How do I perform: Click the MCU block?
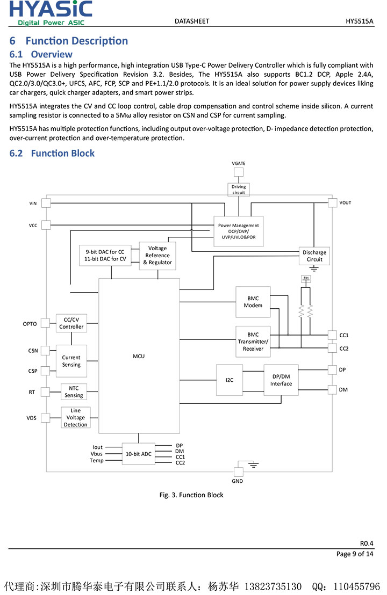click(139, 355)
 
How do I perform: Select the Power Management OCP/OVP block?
click(238, 231)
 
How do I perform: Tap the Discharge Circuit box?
click(314, 256)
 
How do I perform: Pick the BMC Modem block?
click(253, 302)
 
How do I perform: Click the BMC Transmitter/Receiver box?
click(253, 342)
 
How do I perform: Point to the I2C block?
click(230, 380)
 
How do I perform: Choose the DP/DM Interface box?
click(281, 380)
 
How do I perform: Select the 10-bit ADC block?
click(138, 454)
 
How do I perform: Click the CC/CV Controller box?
click(71, 323)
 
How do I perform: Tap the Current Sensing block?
click(71, 361)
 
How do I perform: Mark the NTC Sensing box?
click(74, 392)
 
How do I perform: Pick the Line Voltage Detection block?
click(75, 417)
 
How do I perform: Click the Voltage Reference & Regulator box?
click(157, 256)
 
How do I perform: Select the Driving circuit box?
click(239, 190)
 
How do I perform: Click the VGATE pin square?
click(238, 172)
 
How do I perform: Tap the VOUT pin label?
click(345, 203)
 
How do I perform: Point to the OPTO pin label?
click(30, 324)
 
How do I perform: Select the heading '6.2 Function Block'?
click(52, 153)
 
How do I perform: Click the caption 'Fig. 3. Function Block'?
click(191, 495)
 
